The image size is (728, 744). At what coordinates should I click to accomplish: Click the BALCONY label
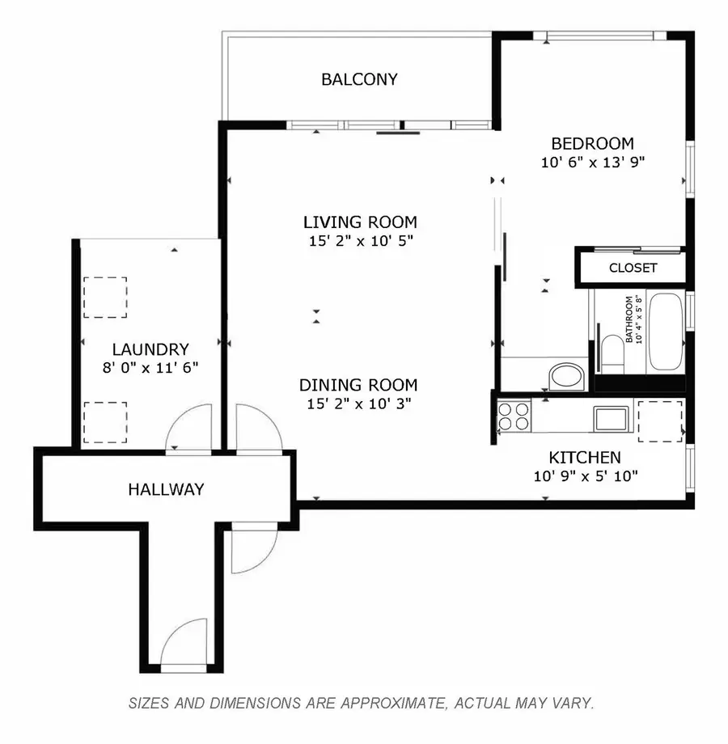[x=359, y=79]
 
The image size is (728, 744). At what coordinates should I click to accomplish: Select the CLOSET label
[x=633, y=268]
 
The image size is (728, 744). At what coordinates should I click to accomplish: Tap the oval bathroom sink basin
[x=565, y=376]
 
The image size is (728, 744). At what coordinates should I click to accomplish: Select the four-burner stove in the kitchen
[x=513, y=416]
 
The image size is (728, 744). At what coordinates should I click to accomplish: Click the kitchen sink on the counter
[x=609, y=418]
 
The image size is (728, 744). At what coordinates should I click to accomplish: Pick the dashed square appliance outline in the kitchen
[x=660, y=421]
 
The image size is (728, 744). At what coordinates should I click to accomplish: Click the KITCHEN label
[x=585, y=458]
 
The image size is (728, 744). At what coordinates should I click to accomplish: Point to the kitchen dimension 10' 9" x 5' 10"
[x=586, y=476]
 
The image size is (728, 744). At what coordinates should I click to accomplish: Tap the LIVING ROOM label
[x=360, y=222]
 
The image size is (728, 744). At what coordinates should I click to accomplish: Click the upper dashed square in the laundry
[x=105, y=297]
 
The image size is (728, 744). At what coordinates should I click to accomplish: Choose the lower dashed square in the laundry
[x=105, y=422]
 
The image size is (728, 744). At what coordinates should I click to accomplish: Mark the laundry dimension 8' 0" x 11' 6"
[x=150, y=367]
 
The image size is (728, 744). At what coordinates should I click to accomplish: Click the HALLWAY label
[x=166, y=489]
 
